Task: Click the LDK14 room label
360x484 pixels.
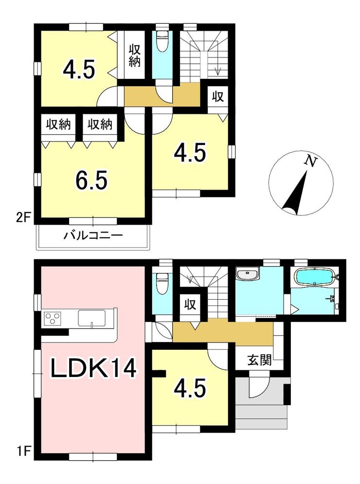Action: point(93,369)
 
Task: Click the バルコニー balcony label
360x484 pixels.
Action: point(93,236)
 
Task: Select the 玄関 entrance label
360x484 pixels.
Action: point(259,359)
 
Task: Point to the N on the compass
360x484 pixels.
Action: point(310,161)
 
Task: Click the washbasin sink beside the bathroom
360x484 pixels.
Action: point(247,274)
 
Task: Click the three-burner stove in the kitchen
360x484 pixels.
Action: point(53,318)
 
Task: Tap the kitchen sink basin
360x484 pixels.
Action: point(91,318)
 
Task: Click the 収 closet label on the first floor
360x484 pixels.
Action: point(191,305)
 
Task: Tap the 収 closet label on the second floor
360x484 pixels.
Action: point(217,97)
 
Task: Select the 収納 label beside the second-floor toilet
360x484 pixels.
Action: point(135,56)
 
